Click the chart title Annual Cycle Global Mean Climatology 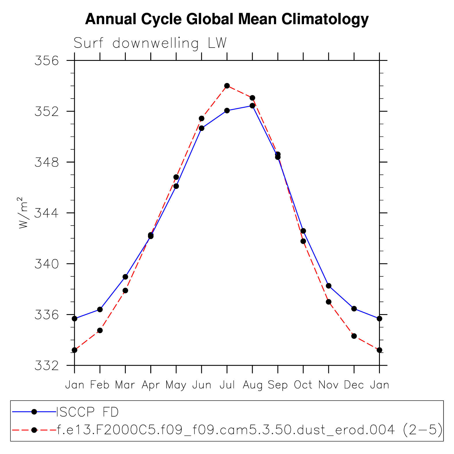click(227, 20)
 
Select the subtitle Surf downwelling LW click(150, 43)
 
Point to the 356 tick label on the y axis click(46, 61)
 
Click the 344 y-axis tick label click(46, 213)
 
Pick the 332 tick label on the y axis click(46, 365)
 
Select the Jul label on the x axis click(227, 385)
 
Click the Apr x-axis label click(151, 385)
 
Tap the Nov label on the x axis click(329, 385)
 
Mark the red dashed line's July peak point click(227, 86)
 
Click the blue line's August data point click(252, 106)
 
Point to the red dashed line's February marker click(100, 330)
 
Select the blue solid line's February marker click(100, 309)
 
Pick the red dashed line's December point click(354, 336)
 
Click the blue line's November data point click(329, 286)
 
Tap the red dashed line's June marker click(202, 119)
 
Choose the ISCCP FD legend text click(87, 412)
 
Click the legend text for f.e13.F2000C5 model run click(249, 430)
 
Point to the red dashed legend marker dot click(34, 430)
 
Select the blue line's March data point click(125, 277)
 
